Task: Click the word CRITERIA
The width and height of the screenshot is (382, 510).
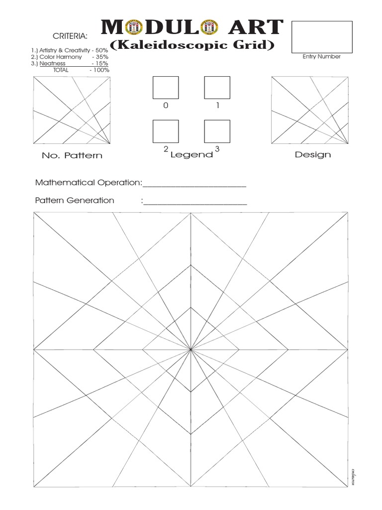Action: coord(70,36)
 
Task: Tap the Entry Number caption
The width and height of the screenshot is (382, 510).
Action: coord(321,57)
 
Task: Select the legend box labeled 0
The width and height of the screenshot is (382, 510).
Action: coord(166,88)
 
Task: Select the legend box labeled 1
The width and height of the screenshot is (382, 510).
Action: coord(217,88)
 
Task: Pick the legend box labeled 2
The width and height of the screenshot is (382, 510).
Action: coord(166,131)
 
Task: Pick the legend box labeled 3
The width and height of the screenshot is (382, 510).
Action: coord(217,131)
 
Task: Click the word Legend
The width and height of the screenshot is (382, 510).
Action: coord(191,155)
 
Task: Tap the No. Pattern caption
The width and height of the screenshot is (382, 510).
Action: coord(72,155)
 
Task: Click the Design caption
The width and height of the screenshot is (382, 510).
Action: coord(313,154)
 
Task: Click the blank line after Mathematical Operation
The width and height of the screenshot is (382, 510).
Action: coord(194,184)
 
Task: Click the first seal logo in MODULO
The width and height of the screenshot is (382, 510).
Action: coord(132,28)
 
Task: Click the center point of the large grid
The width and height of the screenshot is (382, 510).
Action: coord(191,350)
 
